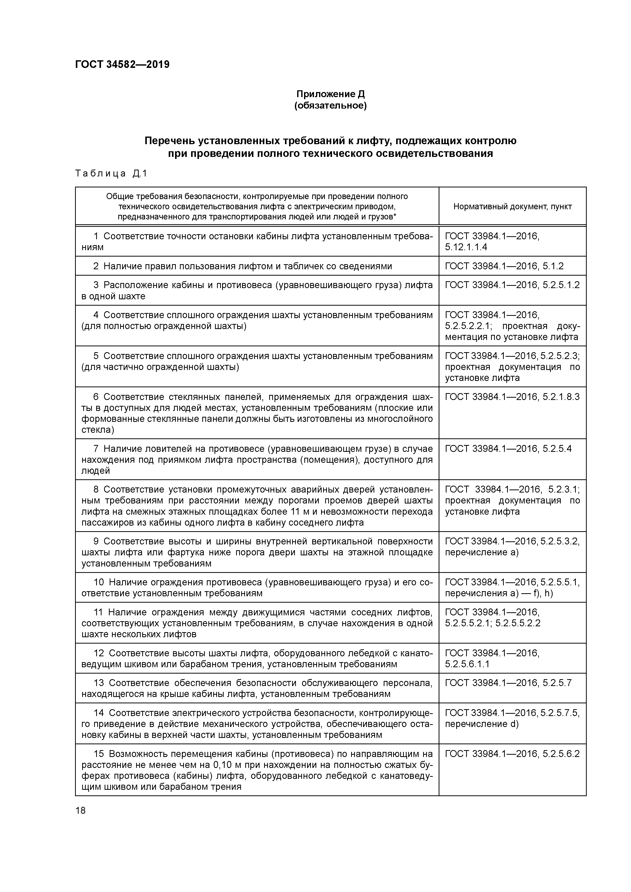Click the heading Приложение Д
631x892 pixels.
[x=331, y=94]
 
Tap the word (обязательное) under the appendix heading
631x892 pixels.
[x=331, y=106]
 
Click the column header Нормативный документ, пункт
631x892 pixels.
[x=512, y=206]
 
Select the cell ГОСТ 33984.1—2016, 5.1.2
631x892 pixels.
[x=504, y=266]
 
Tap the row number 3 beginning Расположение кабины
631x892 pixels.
[x=96, y=285]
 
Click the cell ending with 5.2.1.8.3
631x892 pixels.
[x=512, y=397]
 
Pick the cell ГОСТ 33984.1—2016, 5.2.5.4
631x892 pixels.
[x=508, y=449]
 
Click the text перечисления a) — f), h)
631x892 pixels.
[x=499, y=593]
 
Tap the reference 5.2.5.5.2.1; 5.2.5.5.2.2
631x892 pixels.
[x=493, y=623]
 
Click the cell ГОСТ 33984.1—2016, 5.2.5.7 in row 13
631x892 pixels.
[x=508, y=683]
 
